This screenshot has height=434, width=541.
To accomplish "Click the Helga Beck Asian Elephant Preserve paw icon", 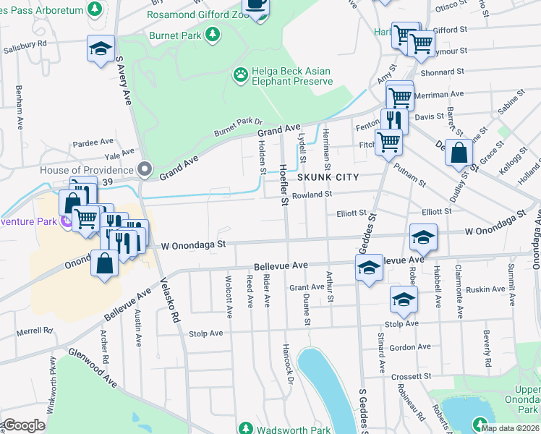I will tap(240, 74).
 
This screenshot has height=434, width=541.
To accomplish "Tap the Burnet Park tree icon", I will tap(212, 34).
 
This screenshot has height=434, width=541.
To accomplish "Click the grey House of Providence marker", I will tap(145, 169).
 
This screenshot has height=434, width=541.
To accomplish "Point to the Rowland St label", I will tap(312, 195).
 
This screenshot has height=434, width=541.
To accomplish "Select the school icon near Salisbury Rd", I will tap(101, 48).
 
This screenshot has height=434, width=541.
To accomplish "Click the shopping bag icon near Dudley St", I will tap(459, 153).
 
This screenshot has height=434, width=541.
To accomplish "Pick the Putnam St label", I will tap(410, 174).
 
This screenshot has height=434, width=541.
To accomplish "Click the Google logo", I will tap(23, 425).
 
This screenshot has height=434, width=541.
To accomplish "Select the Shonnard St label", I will tap(441, 72).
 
